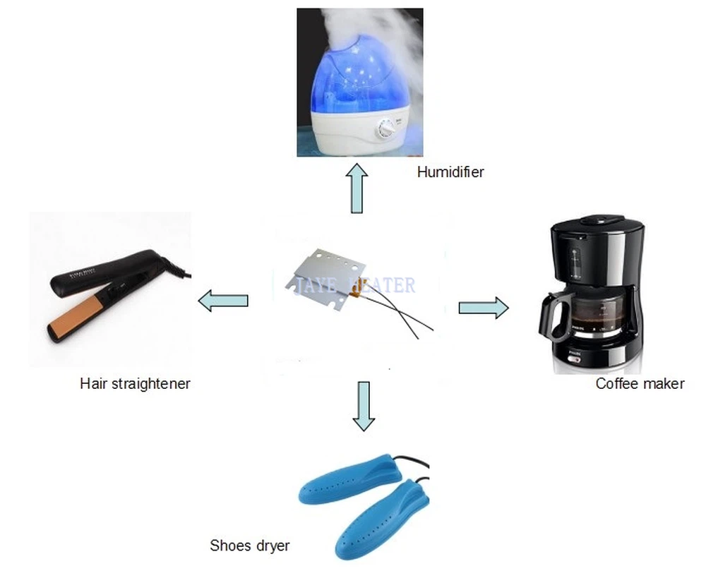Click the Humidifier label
[x=450, y=172]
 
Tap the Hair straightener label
[x=135, y=383]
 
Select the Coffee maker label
[x=640, y=383]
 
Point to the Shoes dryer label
[x=249, y=545]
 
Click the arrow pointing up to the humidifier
[x=359, y=188]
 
